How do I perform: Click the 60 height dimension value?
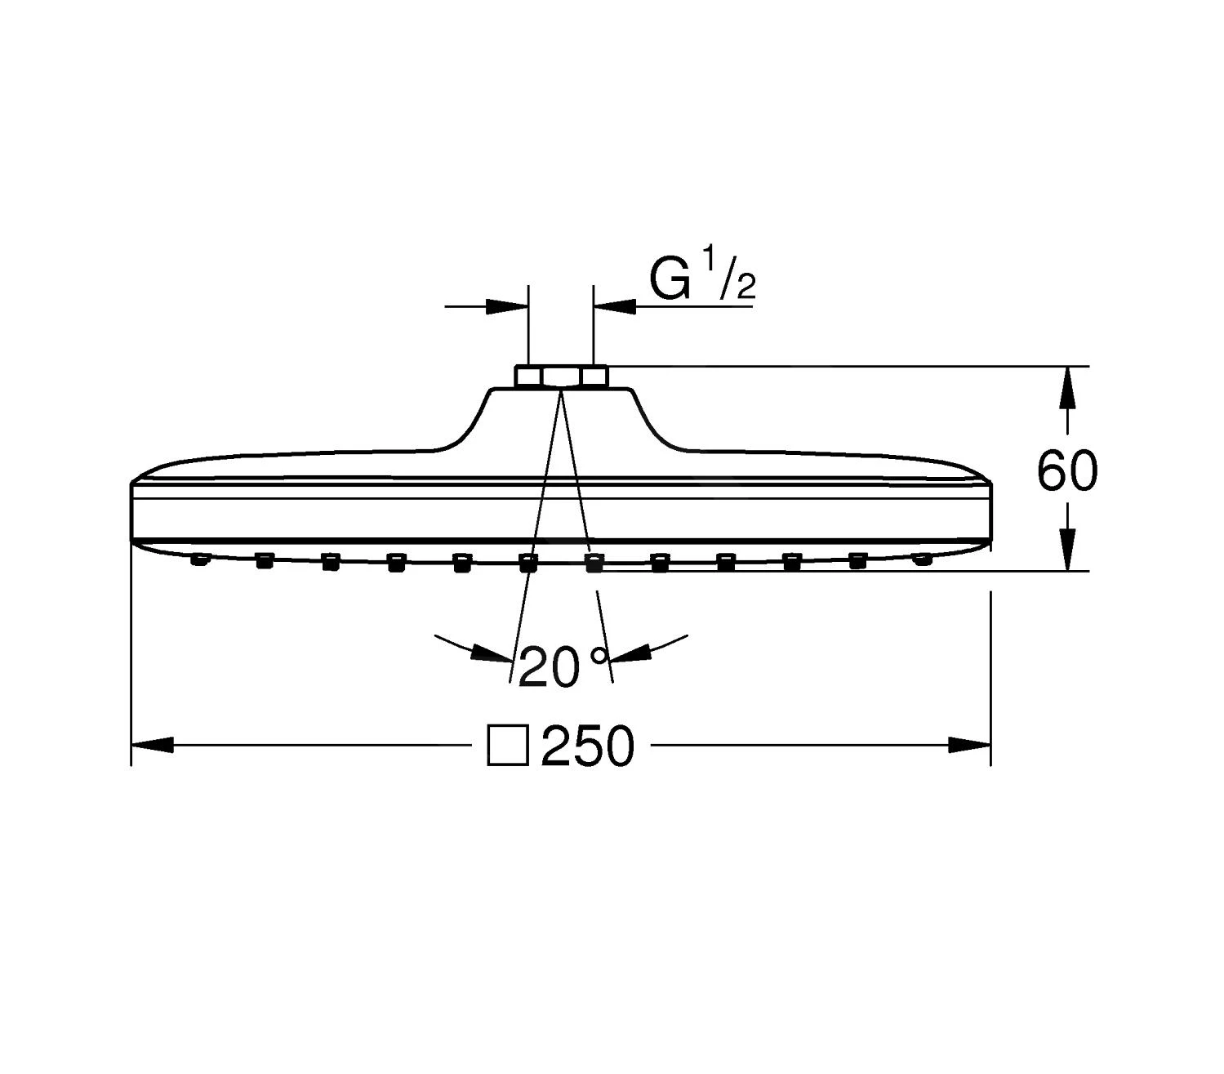pyautogui.click(x=1067, y=470)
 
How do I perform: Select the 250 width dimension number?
pyautogui.click(x=587, y=746)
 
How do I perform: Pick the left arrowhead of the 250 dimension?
pyautogui.click(x=152, y=745)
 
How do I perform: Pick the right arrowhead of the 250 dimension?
pyautogui.click(x=969, y=745)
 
